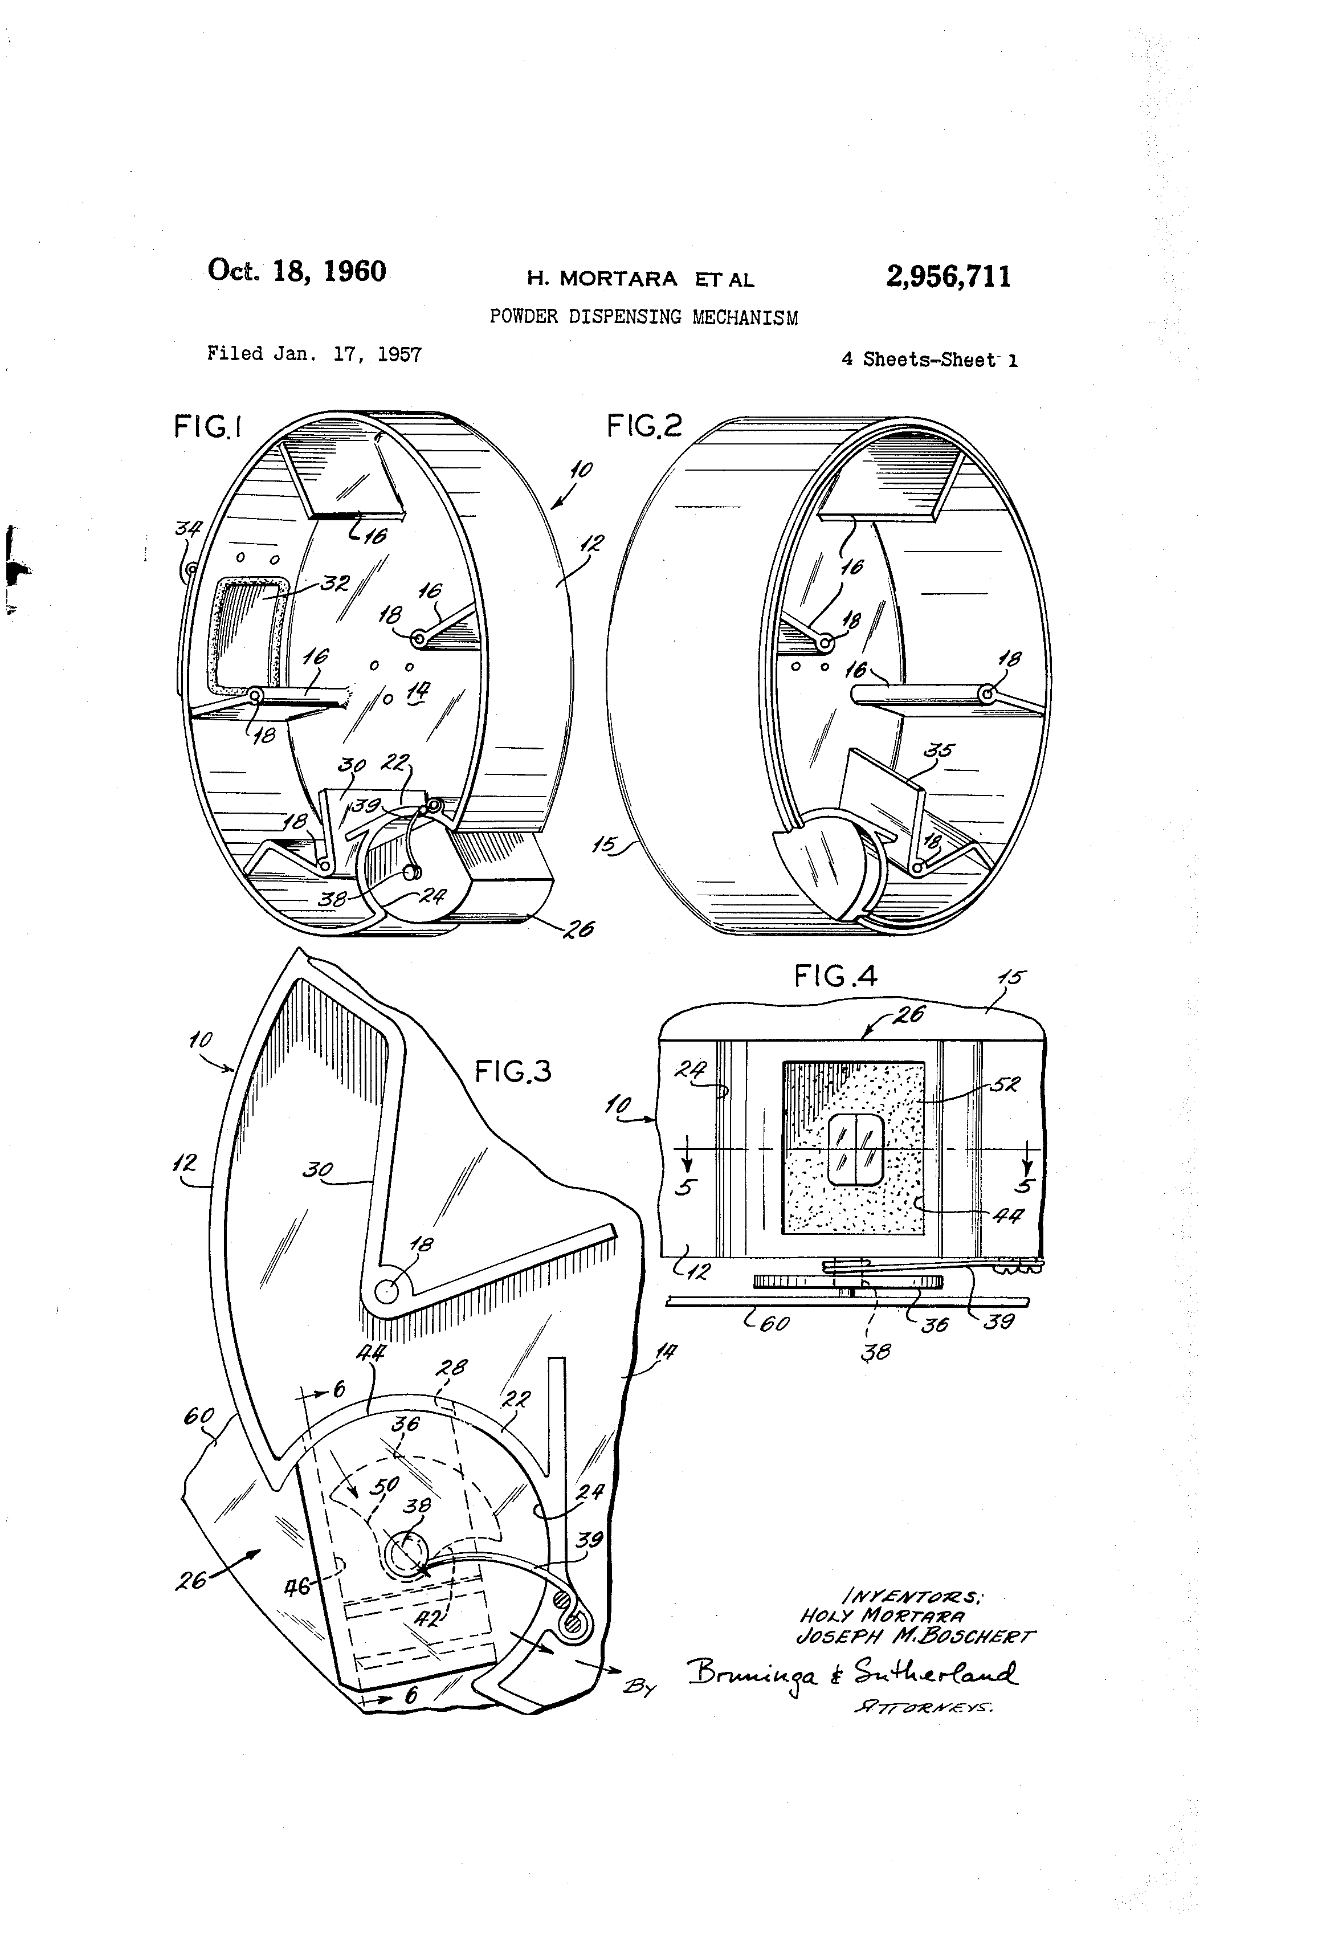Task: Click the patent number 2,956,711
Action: [x=948, y=276]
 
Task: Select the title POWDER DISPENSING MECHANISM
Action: [x=643, y=317]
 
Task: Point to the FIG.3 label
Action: [x=513, y=1071]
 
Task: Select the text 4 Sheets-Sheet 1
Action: [x=929, y=360]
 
